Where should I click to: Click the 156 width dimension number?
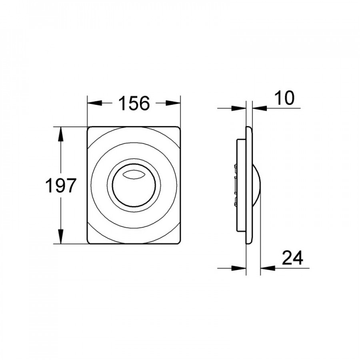coord(134,103)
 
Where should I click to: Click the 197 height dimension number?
coord(60,185)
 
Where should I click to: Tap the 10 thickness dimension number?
coord(284,98)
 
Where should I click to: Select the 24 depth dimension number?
coord(292,258)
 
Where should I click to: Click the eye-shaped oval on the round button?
coord(134,174)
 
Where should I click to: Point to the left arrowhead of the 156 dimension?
coord(94,103)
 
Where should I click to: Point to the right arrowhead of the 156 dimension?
coord(173,103)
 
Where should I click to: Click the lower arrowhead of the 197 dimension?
coord(61,236)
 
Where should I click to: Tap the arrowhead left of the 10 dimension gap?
coord(239,108)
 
